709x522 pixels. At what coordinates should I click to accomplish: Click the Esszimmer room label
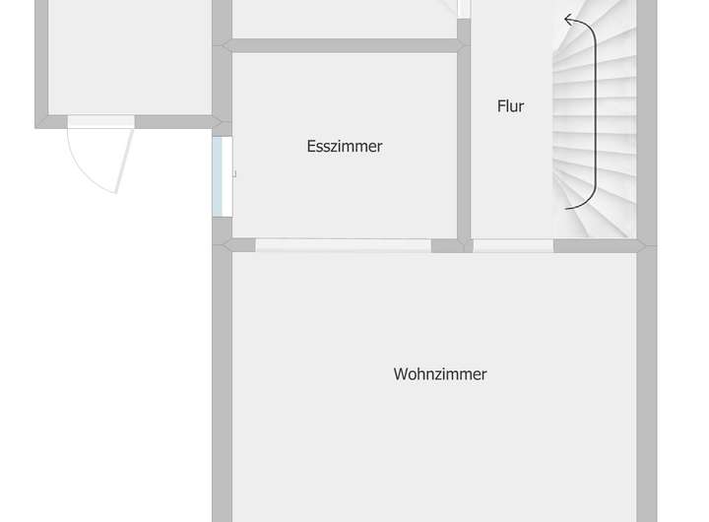[344, 147]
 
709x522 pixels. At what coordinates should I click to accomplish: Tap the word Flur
[510, 106]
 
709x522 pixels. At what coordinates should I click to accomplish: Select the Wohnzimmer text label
[440, 374]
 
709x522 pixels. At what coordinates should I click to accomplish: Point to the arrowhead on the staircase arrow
[569, 20]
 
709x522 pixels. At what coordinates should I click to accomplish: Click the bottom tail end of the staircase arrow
[568, 208]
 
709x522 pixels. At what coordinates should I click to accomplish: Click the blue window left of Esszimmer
[223, 176]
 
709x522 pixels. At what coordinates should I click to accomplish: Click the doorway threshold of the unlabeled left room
[100, 121]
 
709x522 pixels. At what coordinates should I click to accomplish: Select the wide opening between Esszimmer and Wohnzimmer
[343, 245]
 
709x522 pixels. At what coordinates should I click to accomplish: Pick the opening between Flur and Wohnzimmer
[512, 245]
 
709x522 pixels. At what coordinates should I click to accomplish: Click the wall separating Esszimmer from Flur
[464, 143]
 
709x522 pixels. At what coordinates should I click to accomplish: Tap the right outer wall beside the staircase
[646, 118]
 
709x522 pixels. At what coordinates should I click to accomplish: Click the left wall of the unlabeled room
[41, 59]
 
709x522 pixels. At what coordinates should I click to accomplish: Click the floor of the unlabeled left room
[128, 59]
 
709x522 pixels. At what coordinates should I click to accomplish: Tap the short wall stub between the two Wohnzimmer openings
[448, 245]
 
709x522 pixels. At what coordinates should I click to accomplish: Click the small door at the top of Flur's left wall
[463, 10]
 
